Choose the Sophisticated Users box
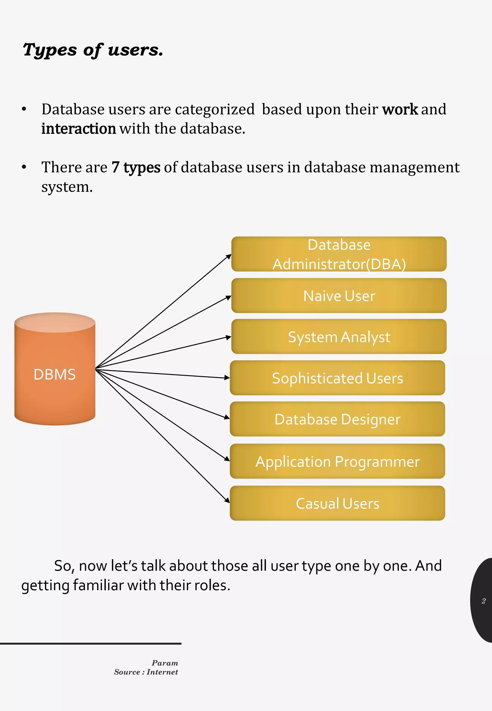click(x=337, y=378)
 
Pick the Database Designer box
click(x=337, y=419)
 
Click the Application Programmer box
click(x=337, y=461)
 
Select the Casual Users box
click(x=337, y=503)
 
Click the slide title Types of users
click(x=93, y=50)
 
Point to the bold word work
click(x=400, y=110)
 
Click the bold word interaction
click(x=79, y=129)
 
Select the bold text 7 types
click(x=136, y=167)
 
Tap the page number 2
click(x=483, y=601)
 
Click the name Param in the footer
click(x=165, y=663)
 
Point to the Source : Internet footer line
click(x=146, y=672)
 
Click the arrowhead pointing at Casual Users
click(x=228, y=501)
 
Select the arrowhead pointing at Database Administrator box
click(x=229, y=256)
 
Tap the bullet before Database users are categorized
click(x=24, y=110)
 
